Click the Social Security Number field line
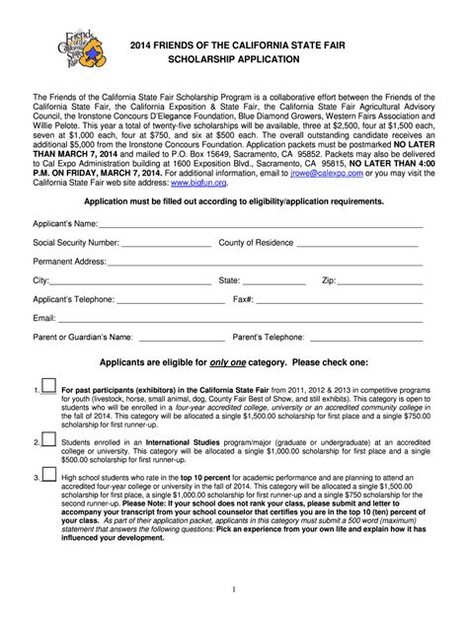(163, 244)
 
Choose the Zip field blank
(381, 281)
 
